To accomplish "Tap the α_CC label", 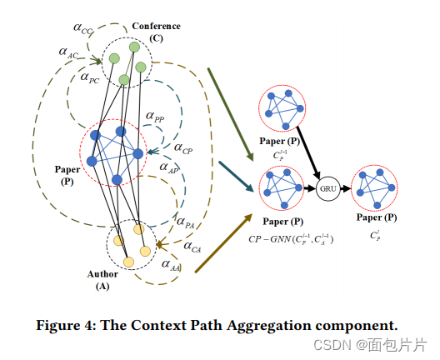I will coord(84,29).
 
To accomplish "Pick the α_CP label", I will coord(183,147).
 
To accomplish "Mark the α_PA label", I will coord(185,222).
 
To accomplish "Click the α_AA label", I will coord(172,267).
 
